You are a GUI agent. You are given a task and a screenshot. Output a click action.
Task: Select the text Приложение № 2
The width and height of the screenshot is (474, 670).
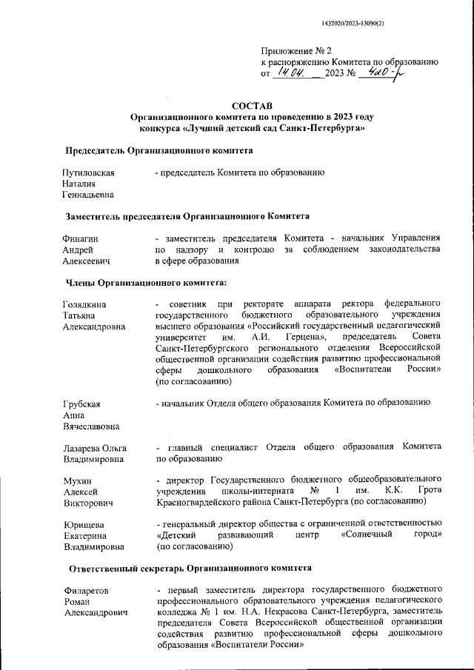tap(294, 50)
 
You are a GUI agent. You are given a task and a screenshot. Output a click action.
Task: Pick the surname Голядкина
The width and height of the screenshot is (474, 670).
tap(85, 304)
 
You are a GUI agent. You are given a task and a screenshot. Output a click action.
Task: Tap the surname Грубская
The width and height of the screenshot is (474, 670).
tap(81, 403)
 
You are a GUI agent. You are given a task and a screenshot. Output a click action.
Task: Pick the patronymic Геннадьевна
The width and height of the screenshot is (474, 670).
tap(89, 195)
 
